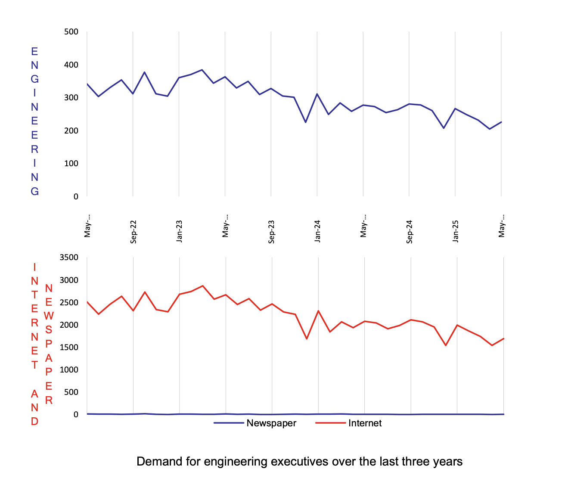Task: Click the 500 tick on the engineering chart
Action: pos(71,32)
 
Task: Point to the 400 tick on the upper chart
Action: pos(71,65)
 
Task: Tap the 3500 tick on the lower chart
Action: pos(69,258)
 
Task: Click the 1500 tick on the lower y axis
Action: pos(69,347)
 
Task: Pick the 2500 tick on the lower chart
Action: pos(69,302)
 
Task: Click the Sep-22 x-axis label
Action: pos(133,232)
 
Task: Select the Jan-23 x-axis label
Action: pos(179,232)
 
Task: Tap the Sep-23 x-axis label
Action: pos(271,232)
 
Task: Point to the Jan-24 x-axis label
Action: pos(317,232)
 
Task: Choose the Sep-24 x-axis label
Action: pos(410,232)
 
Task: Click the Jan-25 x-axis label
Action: pos(455,232)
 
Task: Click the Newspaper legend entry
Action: pos(271,423)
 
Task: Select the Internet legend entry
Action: pos(365,423)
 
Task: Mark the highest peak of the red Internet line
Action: pos(202,286)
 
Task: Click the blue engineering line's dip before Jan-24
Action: pos(306,122)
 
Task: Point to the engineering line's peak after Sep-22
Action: pos(145,72)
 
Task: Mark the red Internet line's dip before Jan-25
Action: pos(446,345)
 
